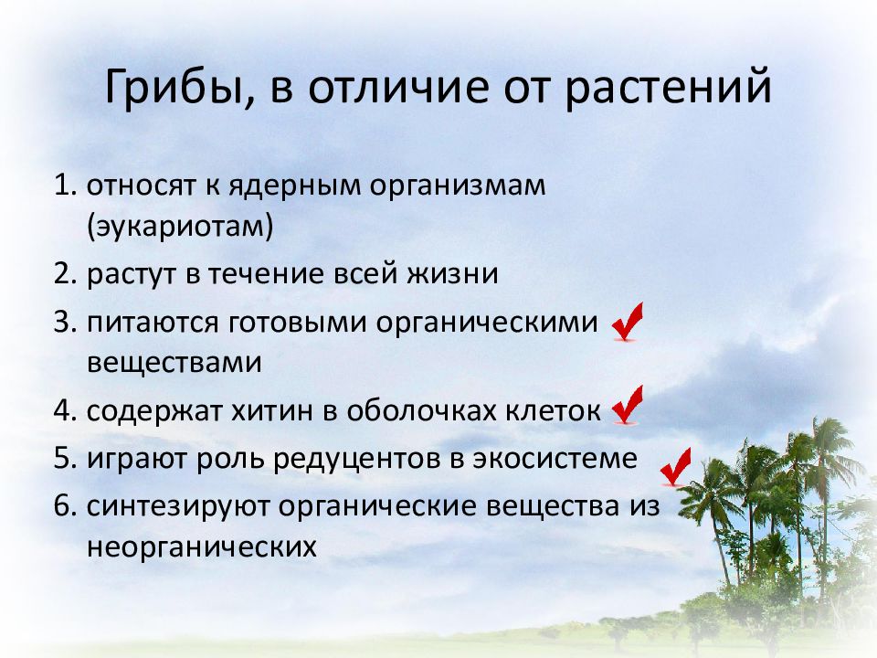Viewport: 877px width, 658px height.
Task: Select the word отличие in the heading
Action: (397, 86)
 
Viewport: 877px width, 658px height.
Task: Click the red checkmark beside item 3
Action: (628, 323)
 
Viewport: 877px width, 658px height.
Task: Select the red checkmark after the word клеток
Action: (628, 405)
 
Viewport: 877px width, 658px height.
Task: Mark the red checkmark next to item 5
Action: (676, 468)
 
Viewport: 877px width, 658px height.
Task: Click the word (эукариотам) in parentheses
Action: (180, 227)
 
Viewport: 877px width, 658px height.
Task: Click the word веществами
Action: (174, 363)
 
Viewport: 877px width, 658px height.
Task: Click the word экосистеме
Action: (555, 459)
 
